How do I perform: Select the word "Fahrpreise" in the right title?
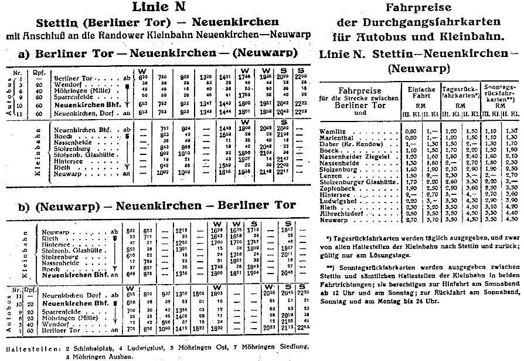[x=418, y=8]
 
